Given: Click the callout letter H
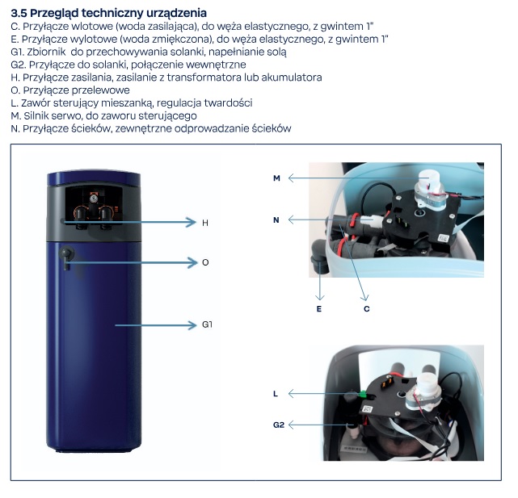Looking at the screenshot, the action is click(x=205, y=223).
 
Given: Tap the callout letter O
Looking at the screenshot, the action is click(x=205, y=262).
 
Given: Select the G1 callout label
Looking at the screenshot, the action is click(x=207, y=324).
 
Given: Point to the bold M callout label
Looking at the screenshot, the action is click(x=276, y=178).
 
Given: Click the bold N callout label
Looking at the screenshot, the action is click(x=276, y=220).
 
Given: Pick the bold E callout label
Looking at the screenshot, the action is click(x=318, y=309).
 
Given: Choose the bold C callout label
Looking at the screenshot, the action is click(x=366, y=309).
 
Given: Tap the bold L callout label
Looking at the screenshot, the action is click(x=276, y=394).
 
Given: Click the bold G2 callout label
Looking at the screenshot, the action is click(x=279, y=425).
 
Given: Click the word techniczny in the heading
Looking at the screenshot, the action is click(x=115, y=13).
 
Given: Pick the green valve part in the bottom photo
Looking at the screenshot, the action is click(x=363, y=394).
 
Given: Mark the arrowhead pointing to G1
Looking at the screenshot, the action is click(x=192, y=325).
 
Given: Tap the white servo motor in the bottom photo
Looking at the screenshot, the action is click(x=425, y=391).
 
